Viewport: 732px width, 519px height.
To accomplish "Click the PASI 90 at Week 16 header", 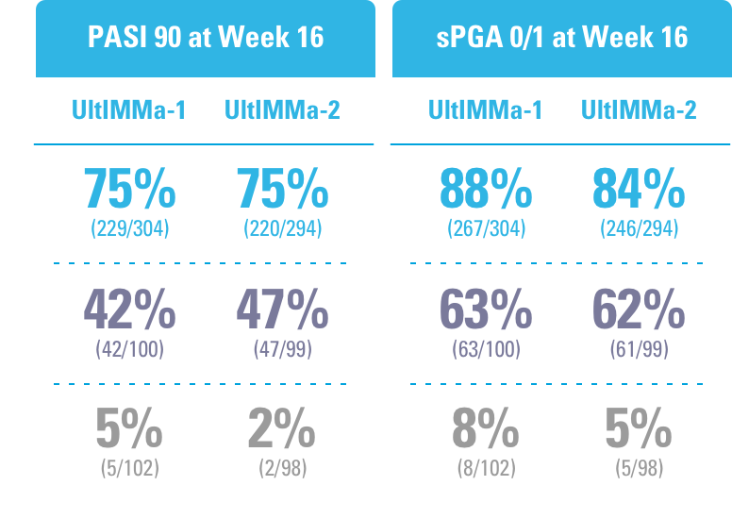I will tap(205, 37).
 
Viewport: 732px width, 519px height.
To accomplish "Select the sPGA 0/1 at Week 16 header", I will tap(561, 37).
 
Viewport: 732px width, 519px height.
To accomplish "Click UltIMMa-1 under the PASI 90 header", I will tap(129, 109).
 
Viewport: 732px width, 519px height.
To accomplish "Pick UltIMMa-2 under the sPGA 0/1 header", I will tap(639, 109).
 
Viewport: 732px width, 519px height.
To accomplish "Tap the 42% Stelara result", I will tap(129, 309).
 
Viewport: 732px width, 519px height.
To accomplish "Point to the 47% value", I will tap(282, 309).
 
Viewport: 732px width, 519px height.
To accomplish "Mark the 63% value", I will tap(486, 309).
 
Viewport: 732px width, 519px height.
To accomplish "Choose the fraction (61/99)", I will tap(639, 348).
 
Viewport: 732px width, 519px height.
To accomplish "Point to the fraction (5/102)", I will tap(129, 466).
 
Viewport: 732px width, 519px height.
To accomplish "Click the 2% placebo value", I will tap(282, 429).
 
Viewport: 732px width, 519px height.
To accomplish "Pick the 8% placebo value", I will tap(486, 429).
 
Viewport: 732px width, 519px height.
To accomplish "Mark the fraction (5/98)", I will tap(639, 466).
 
